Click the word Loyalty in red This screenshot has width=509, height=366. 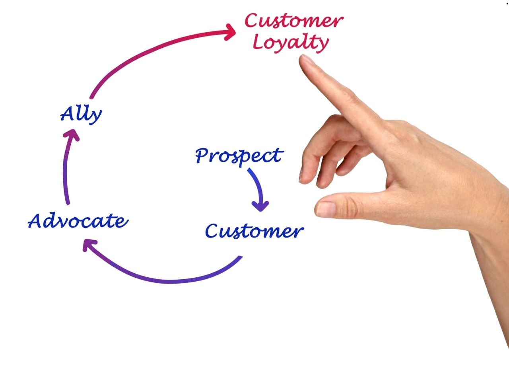coord(291,43)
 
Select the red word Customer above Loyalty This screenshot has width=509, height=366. coord(293,21)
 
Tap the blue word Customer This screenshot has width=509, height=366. coord(254,231)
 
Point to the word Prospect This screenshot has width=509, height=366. coord(239,156)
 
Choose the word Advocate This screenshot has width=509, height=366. coord(78,221)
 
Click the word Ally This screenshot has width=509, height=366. coord(81,115)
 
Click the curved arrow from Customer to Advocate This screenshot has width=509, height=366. coord(167,278)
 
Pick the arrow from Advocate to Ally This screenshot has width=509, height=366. coord(66,167)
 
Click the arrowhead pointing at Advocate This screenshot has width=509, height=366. coord(88,245)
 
